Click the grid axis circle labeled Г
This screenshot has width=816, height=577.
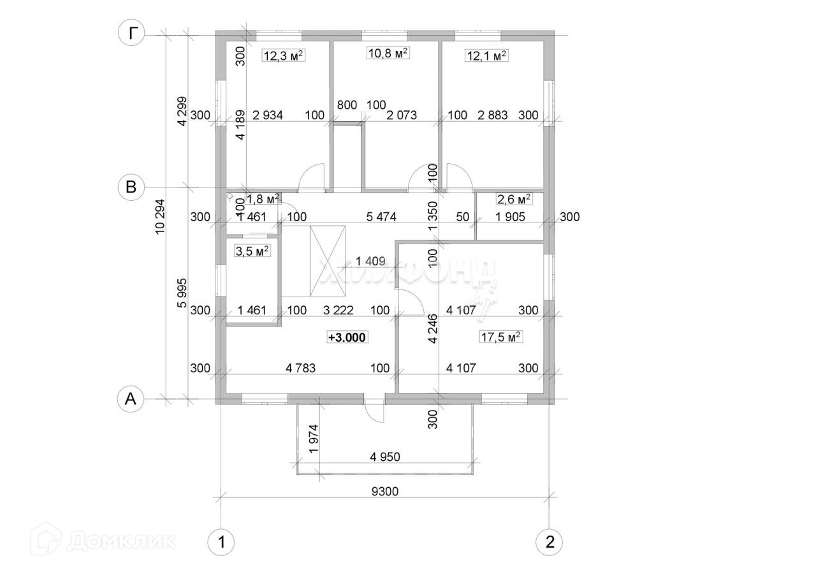coord(131,34)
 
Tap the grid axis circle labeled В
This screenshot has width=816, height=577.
coord(131,187)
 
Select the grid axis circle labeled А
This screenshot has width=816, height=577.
coord(131,399)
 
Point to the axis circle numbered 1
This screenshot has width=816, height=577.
coord(221,543)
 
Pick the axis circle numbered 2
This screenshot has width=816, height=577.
coord(550,543)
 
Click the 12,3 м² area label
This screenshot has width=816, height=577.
coord(282,56)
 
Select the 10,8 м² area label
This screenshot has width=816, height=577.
coord(388,54)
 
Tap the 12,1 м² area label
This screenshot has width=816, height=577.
coord(486,56)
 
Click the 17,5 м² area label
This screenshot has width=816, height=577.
coord(501,338)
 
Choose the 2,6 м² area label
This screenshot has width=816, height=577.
coord(514,200)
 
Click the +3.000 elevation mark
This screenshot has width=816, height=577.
coord(347,338)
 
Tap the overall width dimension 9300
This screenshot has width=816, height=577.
coord(386,492)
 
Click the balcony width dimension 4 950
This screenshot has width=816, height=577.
coord(389,457)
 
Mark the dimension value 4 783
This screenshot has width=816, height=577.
coord(301,368)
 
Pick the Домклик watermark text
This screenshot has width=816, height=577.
coord(121,542)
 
